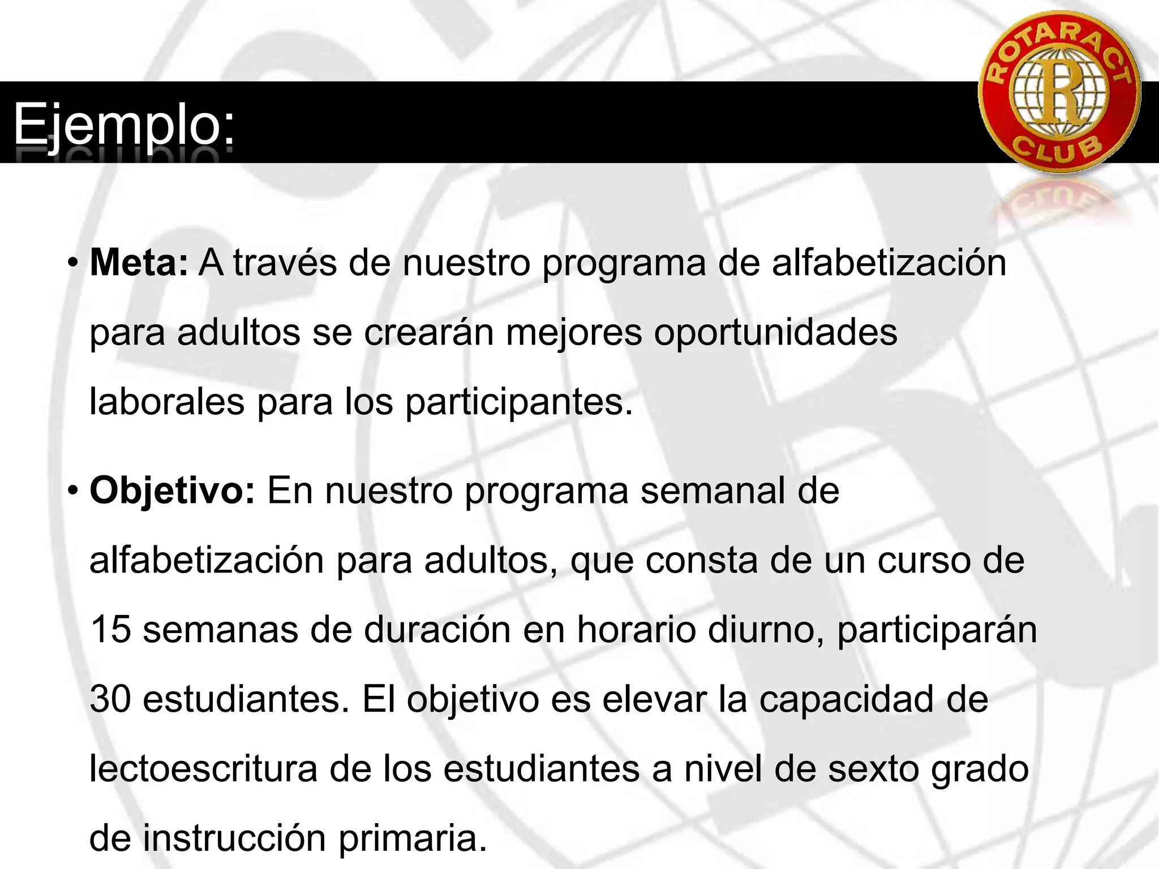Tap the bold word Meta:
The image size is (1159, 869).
point(139,264)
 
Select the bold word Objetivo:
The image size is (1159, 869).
point(173,491)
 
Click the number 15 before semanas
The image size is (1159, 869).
point(110,630)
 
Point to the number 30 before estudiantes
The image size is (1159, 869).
point(110,699)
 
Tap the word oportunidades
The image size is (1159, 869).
point(775,333)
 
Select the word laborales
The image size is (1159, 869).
point(167,402)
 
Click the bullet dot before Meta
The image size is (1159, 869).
point(72,264)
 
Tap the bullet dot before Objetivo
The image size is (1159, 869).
point(72,491)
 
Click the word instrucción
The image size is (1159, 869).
point(234,838)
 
